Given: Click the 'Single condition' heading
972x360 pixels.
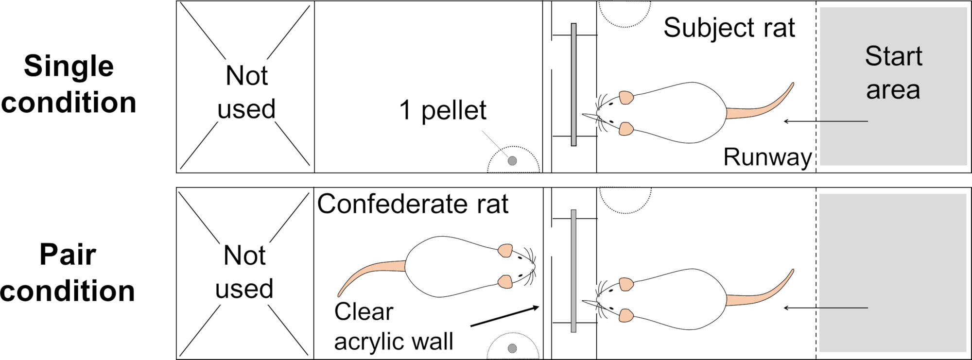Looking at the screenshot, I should pos(69,84).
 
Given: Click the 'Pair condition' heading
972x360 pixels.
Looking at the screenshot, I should pos(68,273).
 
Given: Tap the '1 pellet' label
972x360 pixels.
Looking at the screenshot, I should pos(443,110).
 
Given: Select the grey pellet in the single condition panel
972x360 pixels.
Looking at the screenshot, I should pos(512,161).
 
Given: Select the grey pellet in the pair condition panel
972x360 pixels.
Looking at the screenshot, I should pos(512,348).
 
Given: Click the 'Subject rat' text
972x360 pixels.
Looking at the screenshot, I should pos(729,28).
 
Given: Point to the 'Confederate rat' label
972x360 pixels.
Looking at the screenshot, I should pos(413,204).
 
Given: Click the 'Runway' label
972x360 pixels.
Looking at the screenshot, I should pos(767,157).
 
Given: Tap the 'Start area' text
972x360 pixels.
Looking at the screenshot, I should pos(893,73).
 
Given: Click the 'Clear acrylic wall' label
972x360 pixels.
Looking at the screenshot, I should pos(394,326).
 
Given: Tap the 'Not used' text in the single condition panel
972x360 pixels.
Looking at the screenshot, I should pos(246,92).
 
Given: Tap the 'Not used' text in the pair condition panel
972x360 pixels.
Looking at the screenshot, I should pos(244,272).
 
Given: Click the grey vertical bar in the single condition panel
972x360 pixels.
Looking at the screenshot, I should pos(573,85).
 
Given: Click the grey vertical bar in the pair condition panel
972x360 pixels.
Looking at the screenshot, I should pos(573,271).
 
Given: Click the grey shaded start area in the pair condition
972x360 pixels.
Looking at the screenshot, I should pos(892,273).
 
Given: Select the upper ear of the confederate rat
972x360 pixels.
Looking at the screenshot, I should pos(505,250).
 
